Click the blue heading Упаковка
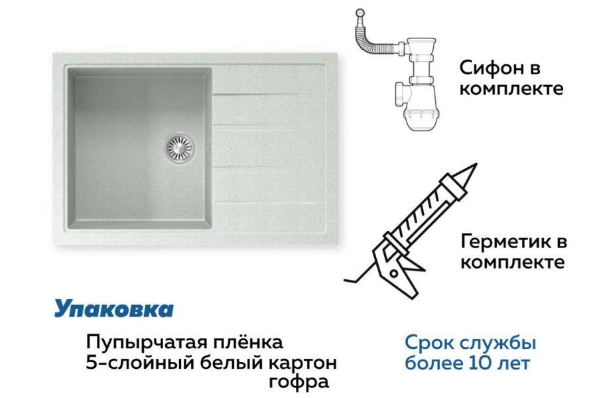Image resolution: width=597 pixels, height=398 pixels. click(x=113, y=308)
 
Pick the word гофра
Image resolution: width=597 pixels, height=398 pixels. click(x=298, y=382)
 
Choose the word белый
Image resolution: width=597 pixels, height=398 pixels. click(x=232, y=363)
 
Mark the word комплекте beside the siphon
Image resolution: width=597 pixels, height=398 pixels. click(x=511, y=89)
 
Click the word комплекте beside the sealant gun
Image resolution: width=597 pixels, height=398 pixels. click(x=512, y=262)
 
